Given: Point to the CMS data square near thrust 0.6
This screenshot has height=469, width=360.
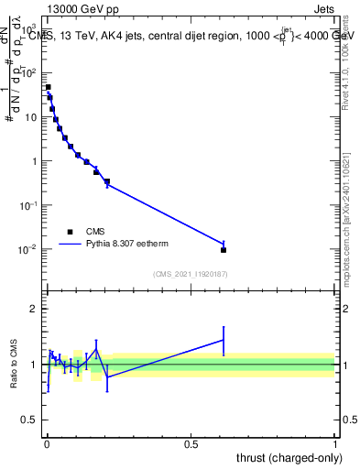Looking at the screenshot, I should coord(224,249).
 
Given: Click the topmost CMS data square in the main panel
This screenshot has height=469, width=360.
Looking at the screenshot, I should coord(48,87).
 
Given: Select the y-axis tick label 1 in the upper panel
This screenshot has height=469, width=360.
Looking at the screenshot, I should coord(35,161).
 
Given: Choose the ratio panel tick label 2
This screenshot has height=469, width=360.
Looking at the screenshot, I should coord(35,309).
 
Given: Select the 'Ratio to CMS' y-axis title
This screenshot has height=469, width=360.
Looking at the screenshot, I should coord(12,365).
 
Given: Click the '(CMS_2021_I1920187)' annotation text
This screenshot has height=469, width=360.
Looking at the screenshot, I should coord(190,273).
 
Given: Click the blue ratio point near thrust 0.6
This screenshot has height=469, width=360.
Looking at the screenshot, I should coord(224,340).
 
